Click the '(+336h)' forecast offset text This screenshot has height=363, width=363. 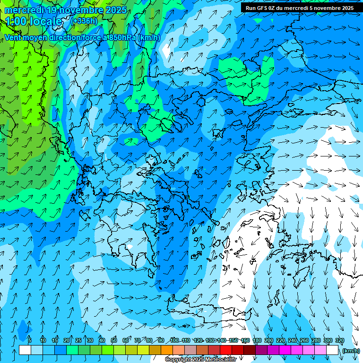tap(84, 21)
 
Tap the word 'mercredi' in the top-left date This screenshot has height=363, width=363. tap(24, 10)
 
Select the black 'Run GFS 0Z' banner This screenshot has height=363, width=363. tap(300, 8)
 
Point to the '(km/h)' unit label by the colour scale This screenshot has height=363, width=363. tap(350, 351)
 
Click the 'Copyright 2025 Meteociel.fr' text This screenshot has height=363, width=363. tap(200, 360)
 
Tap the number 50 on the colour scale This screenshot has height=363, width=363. tap(114, 340)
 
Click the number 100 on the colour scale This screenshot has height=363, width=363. tap(174, 340)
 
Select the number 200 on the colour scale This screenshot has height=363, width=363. tap(268, 340)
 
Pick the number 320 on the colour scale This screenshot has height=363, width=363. tap(340, 340)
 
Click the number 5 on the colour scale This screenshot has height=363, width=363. tap(30, 340)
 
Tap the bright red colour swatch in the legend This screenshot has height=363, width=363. tap(226, 350)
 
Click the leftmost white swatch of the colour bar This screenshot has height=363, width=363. tap(25, 350)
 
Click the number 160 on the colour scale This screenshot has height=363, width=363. tap(245, 340)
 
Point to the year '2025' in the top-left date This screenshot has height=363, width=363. tap(116, 10)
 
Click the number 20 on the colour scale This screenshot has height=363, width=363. tap(67, 340)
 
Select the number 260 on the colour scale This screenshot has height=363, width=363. tap(304, 340)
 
